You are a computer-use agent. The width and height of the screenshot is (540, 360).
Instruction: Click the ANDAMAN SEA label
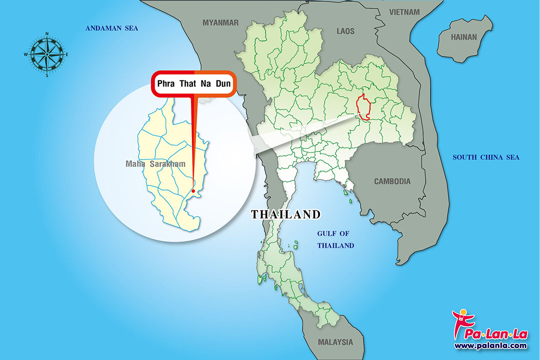pyautogui.click(x=111, y=28)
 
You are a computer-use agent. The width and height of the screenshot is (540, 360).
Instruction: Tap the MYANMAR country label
pyautogui.click(x=220, y=22)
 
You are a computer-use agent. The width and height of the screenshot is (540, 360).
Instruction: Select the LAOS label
pyautogui.click(x=345, y=31)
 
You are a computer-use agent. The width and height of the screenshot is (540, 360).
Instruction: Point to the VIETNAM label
pyautogui.click(x=405, y=11)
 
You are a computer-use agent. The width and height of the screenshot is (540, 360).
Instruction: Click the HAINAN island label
pyautogui.click(x=464, y=37)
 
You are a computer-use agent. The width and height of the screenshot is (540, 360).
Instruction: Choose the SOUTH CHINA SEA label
pyautogui.click(x=486, y=157)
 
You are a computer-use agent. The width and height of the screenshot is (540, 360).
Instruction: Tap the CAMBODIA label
pyautogui.click(x=392, y=181)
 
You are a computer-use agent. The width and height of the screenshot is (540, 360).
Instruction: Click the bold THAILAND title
pyautogui.click(x=285, y=214)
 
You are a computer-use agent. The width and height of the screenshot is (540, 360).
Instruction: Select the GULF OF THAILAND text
pyautogui.click(x=335, y=239)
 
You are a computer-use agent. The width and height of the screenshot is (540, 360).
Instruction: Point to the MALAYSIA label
pyautogui.click(x=335, y=342)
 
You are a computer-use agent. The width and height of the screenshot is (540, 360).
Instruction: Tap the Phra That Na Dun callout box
pyautogui.click(x=193, y=83)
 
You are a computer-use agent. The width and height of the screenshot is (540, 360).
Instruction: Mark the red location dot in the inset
pyautogui.click(x=193, y=190)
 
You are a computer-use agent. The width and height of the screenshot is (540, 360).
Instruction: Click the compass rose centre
pyautogui.click(x=47, y=54)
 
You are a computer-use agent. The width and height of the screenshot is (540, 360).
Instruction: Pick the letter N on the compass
pyautogui.click(x=47, y=34)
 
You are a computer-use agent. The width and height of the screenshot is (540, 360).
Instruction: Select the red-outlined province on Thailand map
pyautogui.click(x=362, y=106)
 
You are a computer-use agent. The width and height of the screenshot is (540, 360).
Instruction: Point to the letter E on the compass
pyautogui.click(x=67, y=54)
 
